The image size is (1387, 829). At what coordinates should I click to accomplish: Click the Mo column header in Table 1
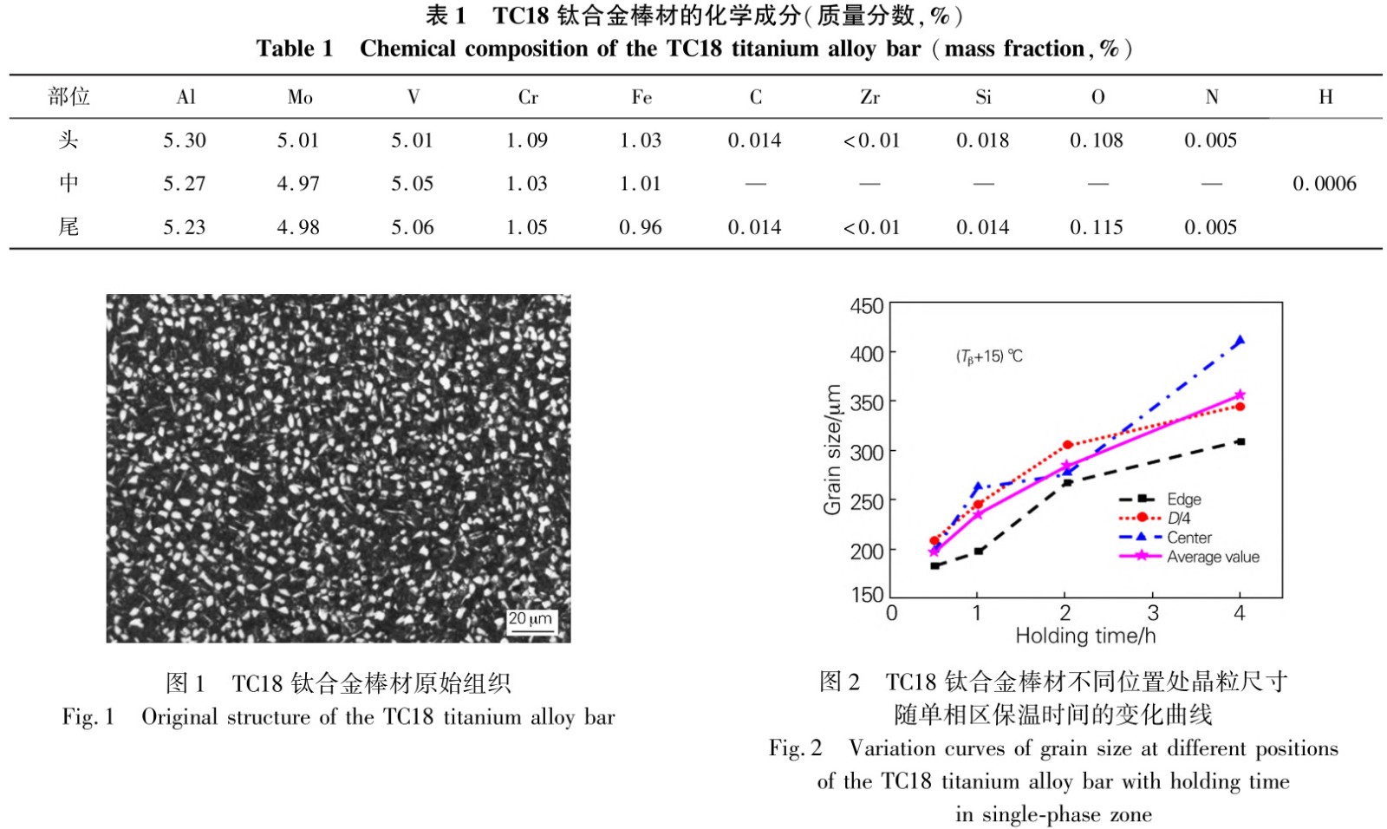[x=300, y=97]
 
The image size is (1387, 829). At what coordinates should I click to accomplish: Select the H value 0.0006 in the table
[x=1324, y=184]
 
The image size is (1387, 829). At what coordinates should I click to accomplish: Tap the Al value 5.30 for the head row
[x=185, y=140]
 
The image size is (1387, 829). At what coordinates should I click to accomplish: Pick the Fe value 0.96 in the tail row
[x=641, y=227]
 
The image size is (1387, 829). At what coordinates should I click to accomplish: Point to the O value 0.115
[x=1097, y=227]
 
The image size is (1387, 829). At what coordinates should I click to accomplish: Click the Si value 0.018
[x=983, y=140]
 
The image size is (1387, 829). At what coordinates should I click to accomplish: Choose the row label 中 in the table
[x=68, y=184]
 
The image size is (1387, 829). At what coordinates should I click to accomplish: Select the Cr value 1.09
[x=527, y=140]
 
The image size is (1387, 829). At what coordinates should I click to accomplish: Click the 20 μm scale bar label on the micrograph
[x=530, y=619]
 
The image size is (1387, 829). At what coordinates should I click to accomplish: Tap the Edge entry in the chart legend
[x=1183, y=499]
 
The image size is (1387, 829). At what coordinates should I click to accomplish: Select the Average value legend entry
[x=1213, y=557]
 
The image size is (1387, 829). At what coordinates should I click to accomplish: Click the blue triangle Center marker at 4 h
[x=1240, y=341]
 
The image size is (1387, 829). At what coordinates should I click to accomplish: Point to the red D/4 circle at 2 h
[x=1067, y=445]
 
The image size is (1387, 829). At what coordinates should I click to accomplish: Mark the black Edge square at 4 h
[x=1240, y=442]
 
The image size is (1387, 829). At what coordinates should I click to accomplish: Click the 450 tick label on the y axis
[x=866, y=307]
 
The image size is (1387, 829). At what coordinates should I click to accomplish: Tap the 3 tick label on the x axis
[x=1153, y=613]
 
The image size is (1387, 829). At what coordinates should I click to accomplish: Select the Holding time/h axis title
[x=1085, y=636]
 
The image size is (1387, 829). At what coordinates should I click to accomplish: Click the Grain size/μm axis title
[x=832, y=449]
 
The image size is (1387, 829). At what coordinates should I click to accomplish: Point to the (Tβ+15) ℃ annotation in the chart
[x=989, y=356]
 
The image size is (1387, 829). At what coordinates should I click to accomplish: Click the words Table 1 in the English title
[x=294, y=49]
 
